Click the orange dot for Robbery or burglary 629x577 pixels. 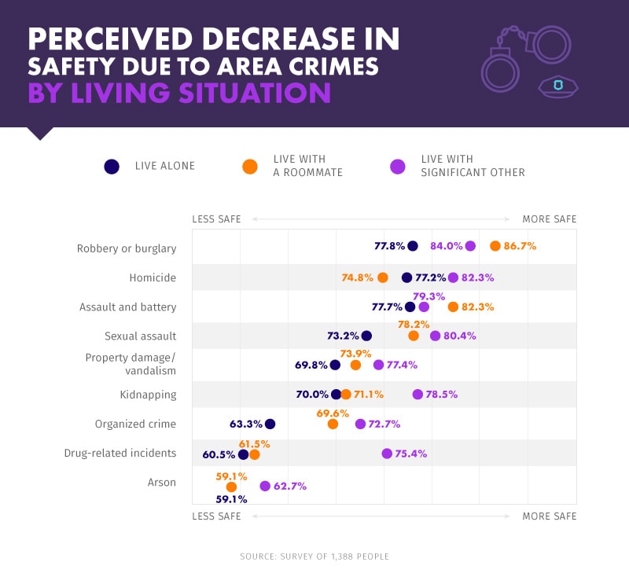495,246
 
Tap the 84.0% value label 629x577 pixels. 446,246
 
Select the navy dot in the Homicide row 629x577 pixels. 406,277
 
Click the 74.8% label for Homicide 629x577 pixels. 358,277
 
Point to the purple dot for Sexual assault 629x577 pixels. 435,336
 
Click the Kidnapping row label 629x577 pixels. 149,395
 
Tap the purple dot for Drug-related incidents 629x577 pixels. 387,454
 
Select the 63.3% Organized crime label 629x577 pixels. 245,424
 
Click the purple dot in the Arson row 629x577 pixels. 265,487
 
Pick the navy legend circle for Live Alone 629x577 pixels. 112,166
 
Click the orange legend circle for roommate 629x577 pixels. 250,166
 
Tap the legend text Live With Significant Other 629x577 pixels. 473,166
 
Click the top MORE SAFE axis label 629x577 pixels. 549,219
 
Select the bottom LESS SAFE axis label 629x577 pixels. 216,516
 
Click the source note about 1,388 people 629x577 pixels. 314,557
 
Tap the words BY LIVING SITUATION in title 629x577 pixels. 179,93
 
